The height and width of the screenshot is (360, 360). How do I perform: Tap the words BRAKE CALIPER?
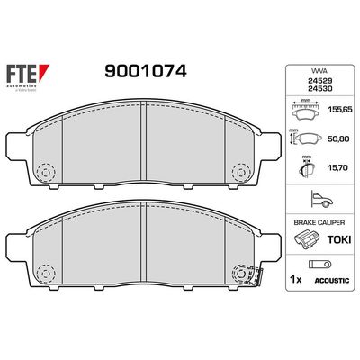pyautogui.click(x=313, y=221)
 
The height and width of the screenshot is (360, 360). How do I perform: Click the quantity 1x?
pyautogui.click(x=295, y=279)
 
